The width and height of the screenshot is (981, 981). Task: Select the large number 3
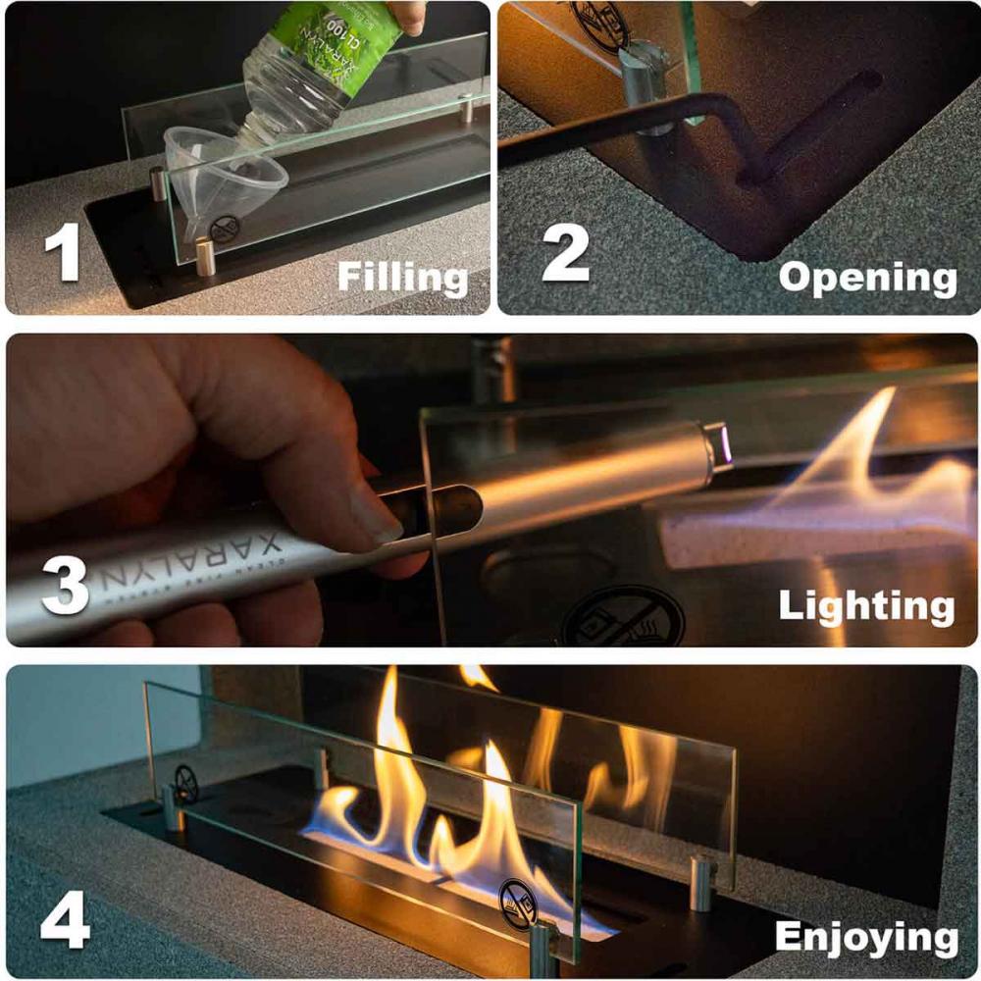coord(66,581)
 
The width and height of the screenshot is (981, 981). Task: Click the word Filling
coord(403,278)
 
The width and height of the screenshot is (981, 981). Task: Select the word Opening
coord(867,278)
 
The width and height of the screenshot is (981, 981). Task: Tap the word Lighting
coord(865,605)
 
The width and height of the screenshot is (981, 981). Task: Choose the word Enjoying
coord(865,937)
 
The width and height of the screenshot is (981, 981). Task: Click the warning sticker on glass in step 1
coord(225,230)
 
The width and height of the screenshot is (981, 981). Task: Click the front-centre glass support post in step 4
coord(542,947)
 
